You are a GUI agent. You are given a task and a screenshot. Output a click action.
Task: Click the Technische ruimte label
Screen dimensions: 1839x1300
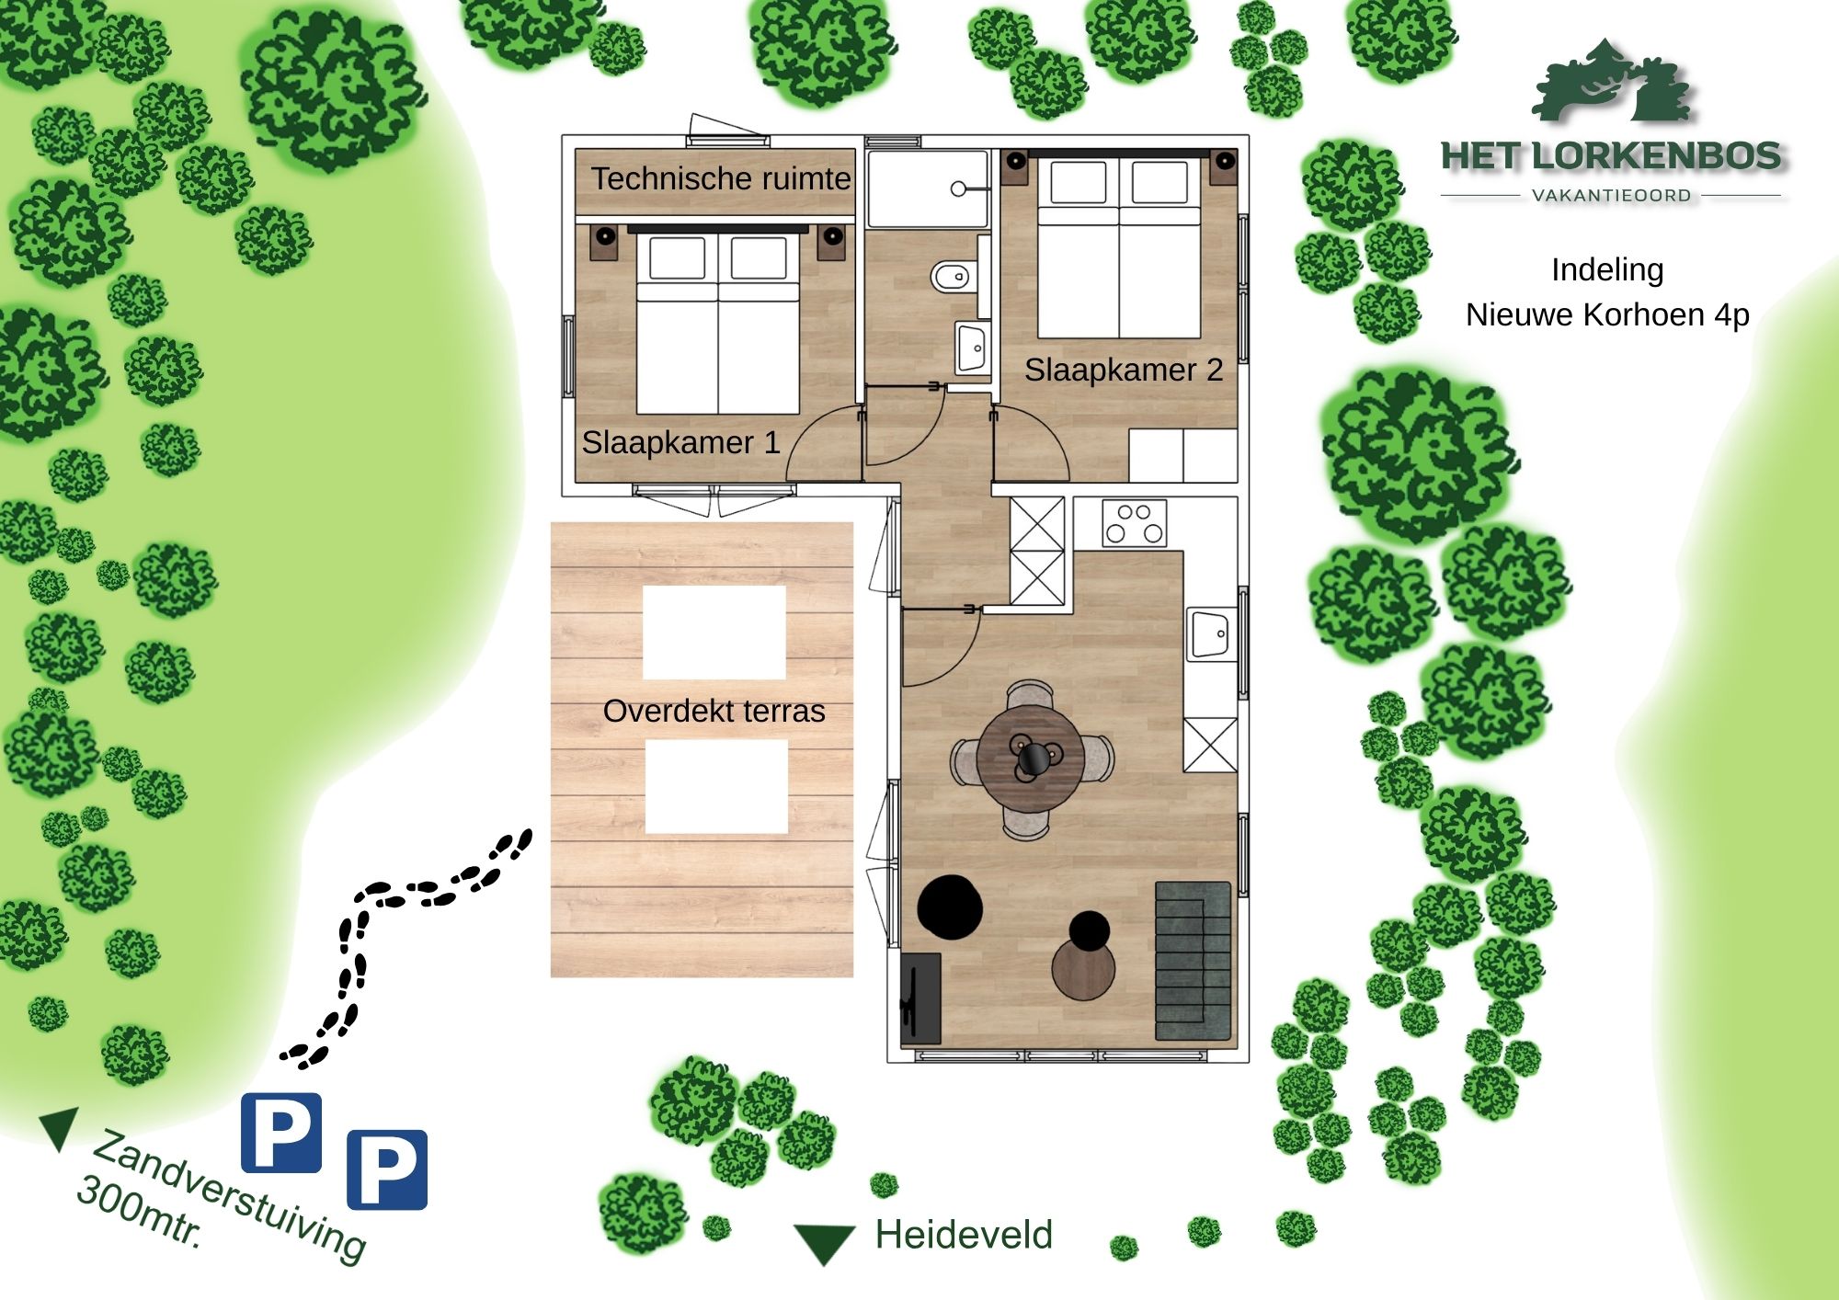point(721,178)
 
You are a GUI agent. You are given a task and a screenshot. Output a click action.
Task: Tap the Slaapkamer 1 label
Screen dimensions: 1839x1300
point(680,442)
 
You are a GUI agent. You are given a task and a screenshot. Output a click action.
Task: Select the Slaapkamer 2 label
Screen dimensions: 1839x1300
point(1124,370)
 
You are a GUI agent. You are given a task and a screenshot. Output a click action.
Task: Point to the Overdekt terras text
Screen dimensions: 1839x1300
point(714,711)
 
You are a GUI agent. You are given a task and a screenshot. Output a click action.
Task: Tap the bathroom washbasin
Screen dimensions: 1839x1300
point(972,348)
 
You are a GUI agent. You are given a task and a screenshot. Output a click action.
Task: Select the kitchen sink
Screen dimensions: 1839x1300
point(1211,633)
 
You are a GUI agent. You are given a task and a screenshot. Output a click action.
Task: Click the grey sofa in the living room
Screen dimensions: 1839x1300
point(1193,961)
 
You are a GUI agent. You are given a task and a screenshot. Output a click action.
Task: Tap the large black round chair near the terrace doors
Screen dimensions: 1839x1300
point(951,907)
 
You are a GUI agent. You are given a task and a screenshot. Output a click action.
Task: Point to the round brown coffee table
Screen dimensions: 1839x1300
point(1083,970)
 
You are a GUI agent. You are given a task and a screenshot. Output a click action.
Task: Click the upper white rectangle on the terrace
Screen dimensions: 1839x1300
point(714,633)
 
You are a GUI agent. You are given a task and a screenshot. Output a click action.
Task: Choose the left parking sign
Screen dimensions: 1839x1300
point(281,1133)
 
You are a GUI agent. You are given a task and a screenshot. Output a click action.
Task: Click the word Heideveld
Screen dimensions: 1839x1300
point(964,1235)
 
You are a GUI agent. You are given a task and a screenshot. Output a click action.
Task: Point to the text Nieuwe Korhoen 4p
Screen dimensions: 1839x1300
point(1607,314)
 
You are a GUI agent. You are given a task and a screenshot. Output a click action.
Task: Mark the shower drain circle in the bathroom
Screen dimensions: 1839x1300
point(958,188)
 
